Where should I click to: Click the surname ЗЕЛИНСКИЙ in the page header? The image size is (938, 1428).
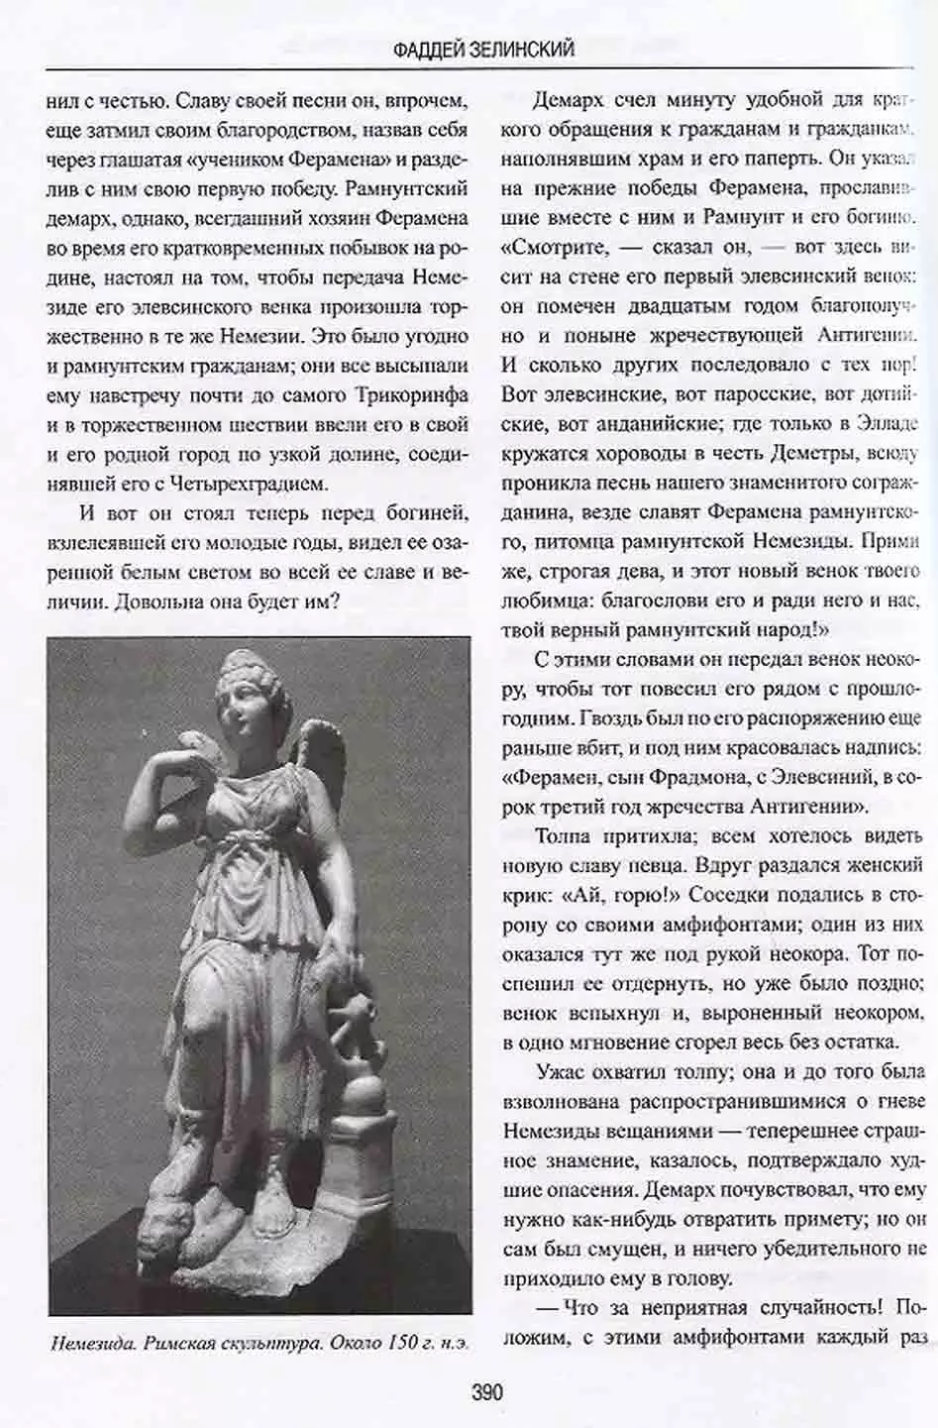[x=526, y=48]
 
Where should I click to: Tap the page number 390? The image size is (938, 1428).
[x=486, y=1392]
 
